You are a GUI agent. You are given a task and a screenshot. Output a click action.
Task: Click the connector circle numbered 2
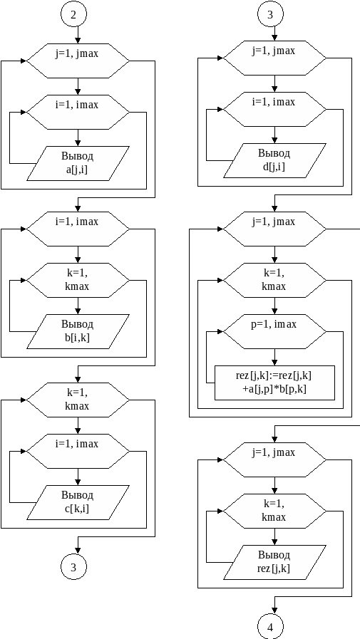(73, 14)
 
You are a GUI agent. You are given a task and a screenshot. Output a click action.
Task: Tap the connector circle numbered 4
(270, 627)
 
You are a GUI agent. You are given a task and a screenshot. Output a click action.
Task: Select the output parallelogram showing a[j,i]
(78, 163)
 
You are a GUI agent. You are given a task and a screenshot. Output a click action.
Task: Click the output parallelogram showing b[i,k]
(78, 331)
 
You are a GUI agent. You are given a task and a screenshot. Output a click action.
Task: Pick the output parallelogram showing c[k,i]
(78, 502)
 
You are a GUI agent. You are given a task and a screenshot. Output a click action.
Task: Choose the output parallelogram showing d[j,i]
(274, 160)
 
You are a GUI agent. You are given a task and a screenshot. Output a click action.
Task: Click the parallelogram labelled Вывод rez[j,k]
(274, 562)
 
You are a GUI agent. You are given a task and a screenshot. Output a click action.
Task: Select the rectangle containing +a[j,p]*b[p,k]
(274, 383)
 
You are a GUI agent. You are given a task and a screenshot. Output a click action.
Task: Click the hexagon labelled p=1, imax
(274, 331)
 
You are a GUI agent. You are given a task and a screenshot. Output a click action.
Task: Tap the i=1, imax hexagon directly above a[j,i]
(78, 112)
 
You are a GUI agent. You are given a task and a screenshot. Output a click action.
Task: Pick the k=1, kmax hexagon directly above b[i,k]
(78, 280)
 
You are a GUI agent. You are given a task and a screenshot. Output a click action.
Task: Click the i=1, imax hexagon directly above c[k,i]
(78, 451)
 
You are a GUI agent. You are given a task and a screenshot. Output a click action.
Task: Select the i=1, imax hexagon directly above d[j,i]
(274, 109)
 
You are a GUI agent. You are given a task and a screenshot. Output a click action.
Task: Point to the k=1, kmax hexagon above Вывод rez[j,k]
(274, 511)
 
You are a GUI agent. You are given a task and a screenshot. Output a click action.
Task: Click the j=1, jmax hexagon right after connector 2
(78, 61)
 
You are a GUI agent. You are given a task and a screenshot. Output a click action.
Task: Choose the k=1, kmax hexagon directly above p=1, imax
(274, 280)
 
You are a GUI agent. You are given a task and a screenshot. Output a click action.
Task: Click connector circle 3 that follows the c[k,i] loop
(73, 567)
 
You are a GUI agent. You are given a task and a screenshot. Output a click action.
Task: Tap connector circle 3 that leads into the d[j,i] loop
(270, 14)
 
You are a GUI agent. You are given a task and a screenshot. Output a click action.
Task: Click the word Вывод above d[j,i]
(274, 153)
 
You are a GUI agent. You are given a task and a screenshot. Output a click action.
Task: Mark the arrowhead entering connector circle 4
(274, 611)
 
